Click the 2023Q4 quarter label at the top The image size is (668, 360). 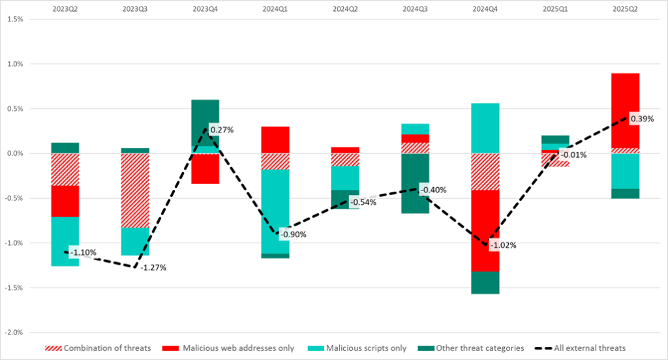[x=205, y=9]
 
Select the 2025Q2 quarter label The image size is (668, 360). [x=625, y=9]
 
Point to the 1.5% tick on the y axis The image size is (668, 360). [x=14, y=20]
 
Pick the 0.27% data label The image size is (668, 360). [x=222, y=130]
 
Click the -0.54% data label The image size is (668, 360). [x=363, y=202]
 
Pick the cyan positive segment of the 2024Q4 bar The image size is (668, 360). [x=485, y=128]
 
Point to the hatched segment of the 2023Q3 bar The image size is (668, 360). [x=134, y=190]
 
